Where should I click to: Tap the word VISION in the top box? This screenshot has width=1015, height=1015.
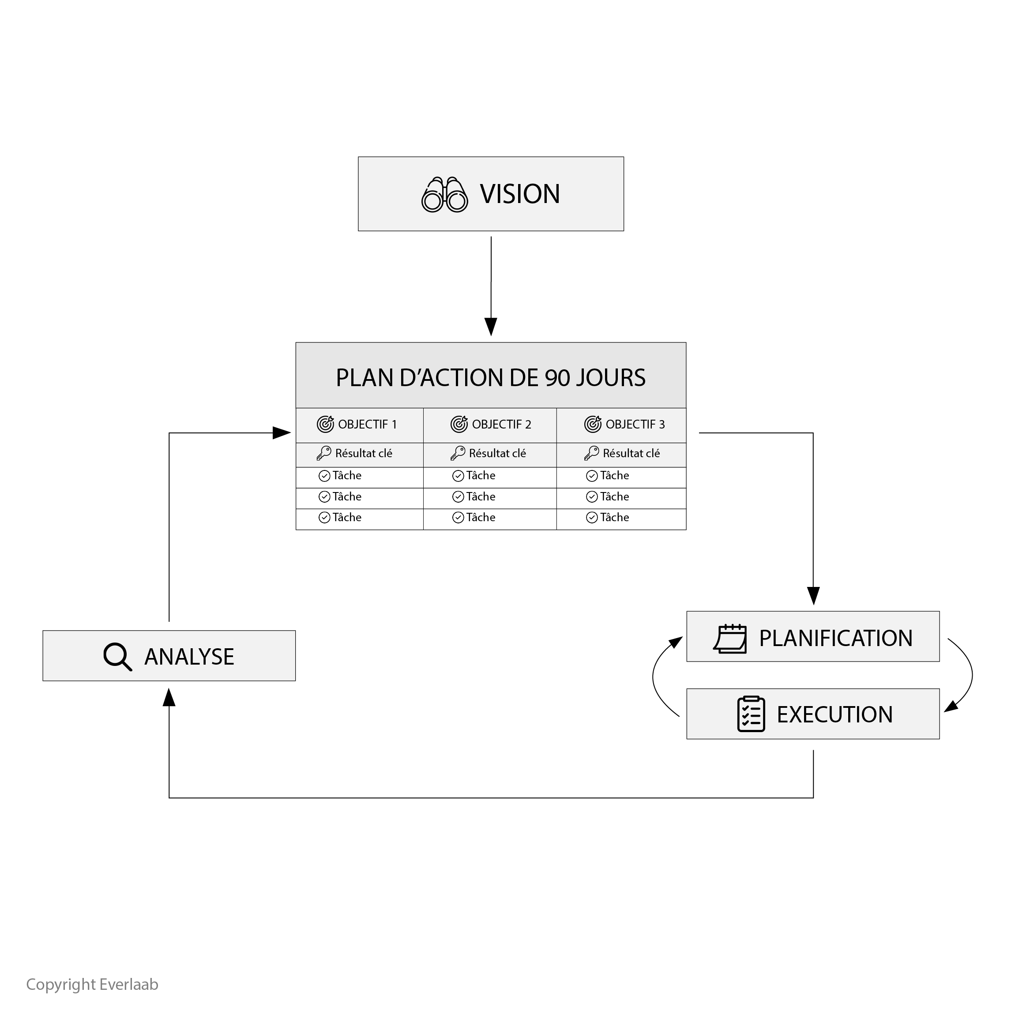pyautogui.click(x=519, y=194)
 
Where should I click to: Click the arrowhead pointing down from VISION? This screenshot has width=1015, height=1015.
pyautogui.click(x=491, y=327)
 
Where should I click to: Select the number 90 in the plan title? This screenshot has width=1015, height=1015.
pyautogui.click(x=557, y=378)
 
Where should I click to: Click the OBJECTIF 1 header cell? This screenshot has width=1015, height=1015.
pyautogui.click(x=359, y=425)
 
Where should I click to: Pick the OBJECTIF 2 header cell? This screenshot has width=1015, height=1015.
pyautogui.click(x=490, y=425)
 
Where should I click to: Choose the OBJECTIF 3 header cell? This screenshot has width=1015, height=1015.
pyautogui.click(x=621, y=425)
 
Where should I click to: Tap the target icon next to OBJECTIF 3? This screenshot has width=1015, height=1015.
pyautogui.click(x=593, y=424)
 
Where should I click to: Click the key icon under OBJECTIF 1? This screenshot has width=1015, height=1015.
pyautogui.click(x=324, y=453)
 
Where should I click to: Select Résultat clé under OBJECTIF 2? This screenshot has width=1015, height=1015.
pyautogui.click(x=497, y=453)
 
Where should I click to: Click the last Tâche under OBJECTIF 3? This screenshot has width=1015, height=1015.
pyautogui.click(x=614, y=518)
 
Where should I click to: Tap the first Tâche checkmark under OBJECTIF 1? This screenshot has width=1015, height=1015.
pyautogui.click(x=324, y=476)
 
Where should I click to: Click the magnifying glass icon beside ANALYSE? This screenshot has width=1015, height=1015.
pyautogui.click(x=117, y=657)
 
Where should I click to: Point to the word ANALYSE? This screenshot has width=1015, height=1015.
pyautogui.click(x=189, y=657)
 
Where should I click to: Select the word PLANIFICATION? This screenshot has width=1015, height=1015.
pyautogui.click(x=836, y=638)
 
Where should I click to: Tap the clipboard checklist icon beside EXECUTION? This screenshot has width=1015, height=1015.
pyautogui.click(x=751, y=714)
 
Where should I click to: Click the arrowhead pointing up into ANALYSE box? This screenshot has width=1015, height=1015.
pyautogui.click(x=169, y=698)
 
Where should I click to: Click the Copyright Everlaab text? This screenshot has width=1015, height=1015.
pyautogui.click(x=93, y=984)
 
